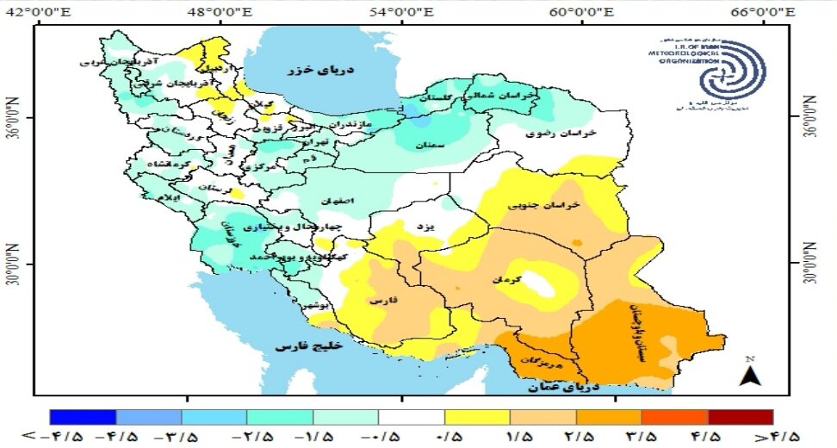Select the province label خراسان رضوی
[x=566, y=135]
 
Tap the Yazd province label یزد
[x=423, y=226]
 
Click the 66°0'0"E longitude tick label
[x=771, y=11]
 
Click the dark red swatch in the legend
[x=740, y=416]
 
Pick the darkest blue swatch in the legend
[x=84, y=416]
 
